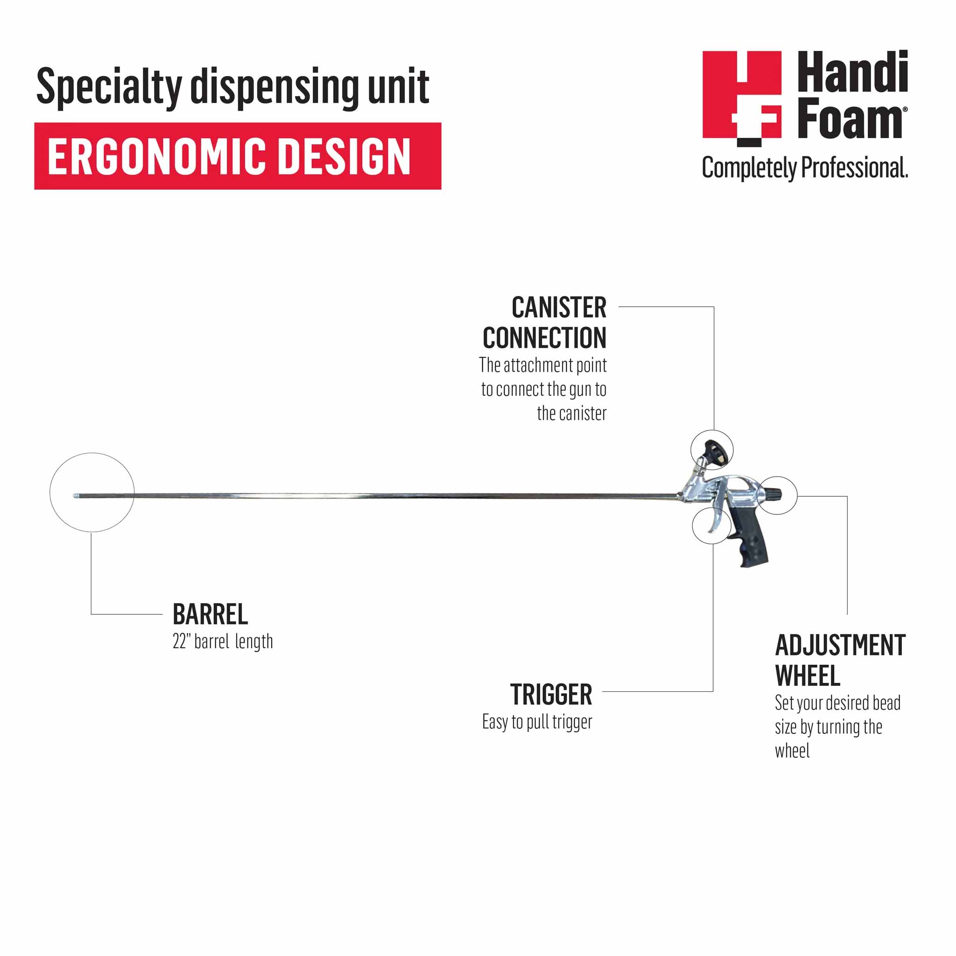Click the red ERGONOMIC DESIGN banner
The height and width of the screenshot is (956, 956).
[238, 156]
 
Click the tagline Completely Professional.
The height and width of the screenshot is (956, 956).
[805, 168]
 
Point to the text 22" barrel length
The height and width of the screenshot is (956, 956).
[223, 642]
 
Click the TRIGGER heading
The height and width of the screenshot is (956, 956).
[551, 695]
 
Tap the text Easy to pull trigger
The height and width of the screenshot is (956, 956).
[537, 722]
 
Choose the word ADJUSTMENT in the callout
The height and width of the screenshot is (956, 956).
[840, 645]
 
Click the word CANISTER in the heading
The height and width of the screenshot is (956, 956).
[559, 308]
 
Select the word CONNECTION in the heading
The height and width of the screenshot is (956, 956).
[544, 338]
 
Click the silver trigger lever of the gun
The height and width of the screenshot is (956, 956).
[716, 520]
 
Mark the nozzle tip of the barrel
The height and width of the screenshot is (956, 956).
[75, 495]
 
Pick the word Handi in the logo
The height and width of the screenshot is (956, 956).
[852, 73]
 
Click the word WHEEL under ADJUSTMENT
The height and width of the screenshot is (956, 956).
[808, 676]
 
